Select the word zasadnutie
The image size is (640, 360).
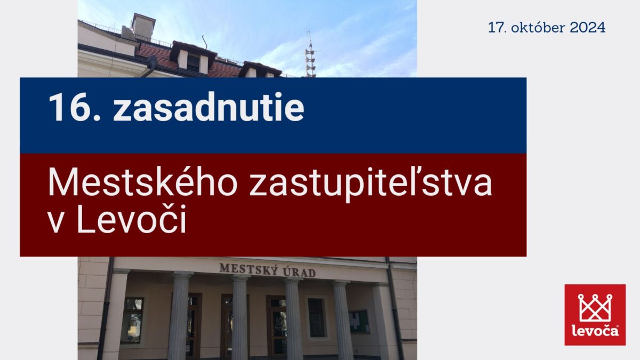pos(209,107)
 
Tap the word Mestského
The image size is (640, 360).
pos(143,181)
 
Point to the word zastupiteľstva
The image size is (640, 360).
pos(371,185)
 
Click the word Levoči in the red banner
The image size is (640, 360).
pos(131,219)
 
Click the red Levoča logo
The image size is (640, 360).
pos(595,315)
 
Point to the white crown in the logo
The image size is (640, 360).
pos(595,308)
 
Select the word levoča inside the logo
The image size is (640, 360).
pos(595,331)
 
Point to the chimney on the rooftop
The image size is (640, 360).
pos(143,26)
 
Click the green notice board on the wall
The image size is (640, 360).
pos(359,322)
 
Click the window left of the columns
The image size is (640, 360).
pos(132,320)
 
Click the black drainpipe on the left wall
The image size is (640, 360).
pos(106,309)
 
